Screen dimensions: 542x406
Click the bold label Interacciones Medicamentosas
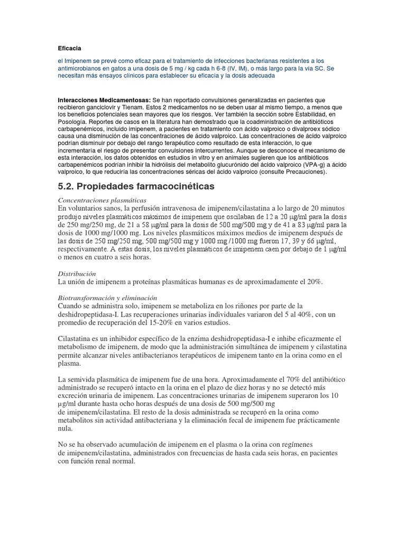point(104,100)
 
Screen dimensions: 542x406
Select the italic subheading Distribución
point(77,273)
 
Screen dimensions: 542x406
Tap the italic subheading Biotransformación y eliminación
point(108,298)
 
